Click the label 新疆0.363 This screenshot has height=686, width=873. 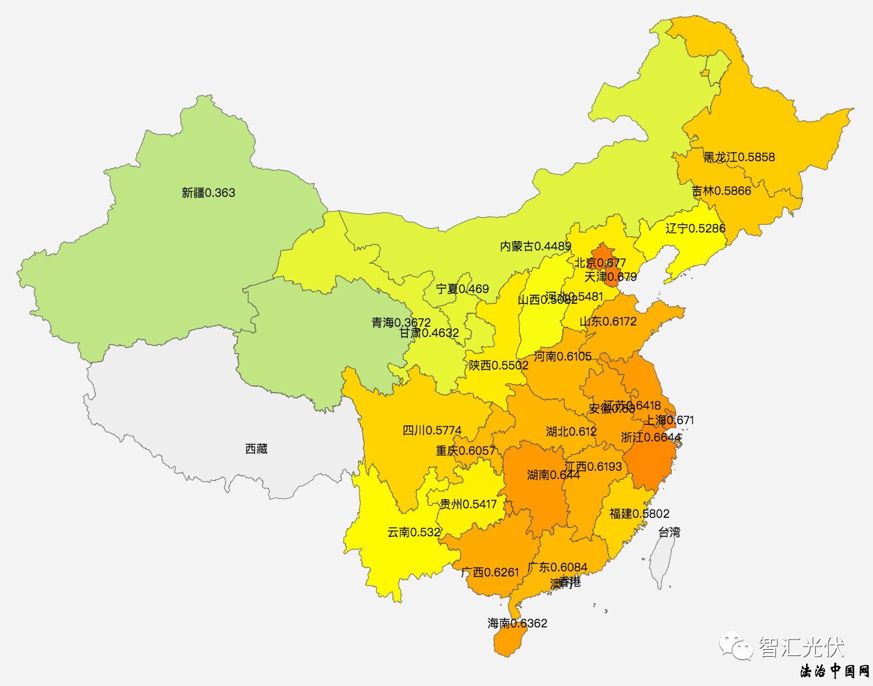click(208, 192)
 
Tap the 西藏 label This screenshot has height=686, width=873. click(256, 449)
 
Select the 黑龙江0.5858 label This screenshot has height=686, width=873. click(739, 157)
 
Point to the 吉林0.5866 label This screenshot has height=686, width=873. click(721, 191)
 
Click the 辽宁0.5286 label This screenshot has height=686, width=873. click(695, 229)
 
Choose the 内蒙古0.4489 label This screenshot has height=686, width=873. click(535, 247)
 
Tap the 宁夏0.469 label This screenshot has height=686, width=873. click(463, 289)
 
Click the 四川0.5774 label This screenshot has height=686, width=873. click(432, 431)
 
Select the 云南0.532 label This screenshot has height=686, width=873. click(414, 532)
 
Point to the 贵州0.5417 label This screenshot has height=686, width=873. click(468, 504)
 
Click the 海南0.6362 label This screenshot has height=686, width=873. click(517, 624)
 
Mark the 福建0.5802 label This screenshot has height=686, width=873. click(639, 514)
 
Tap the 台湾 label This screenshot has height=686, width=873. click(669, 532)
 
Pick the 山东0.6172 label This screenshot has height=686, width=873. click(608, 322)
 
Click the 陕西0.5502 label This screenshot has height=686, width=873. click(499, 366)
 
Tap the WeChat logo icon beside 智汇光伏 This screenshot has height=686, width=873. click(736, 647)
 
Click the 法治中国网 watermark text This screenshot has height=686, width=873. click(835, 671)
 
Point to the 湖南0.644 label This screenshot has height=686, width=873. click(553, 475)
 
